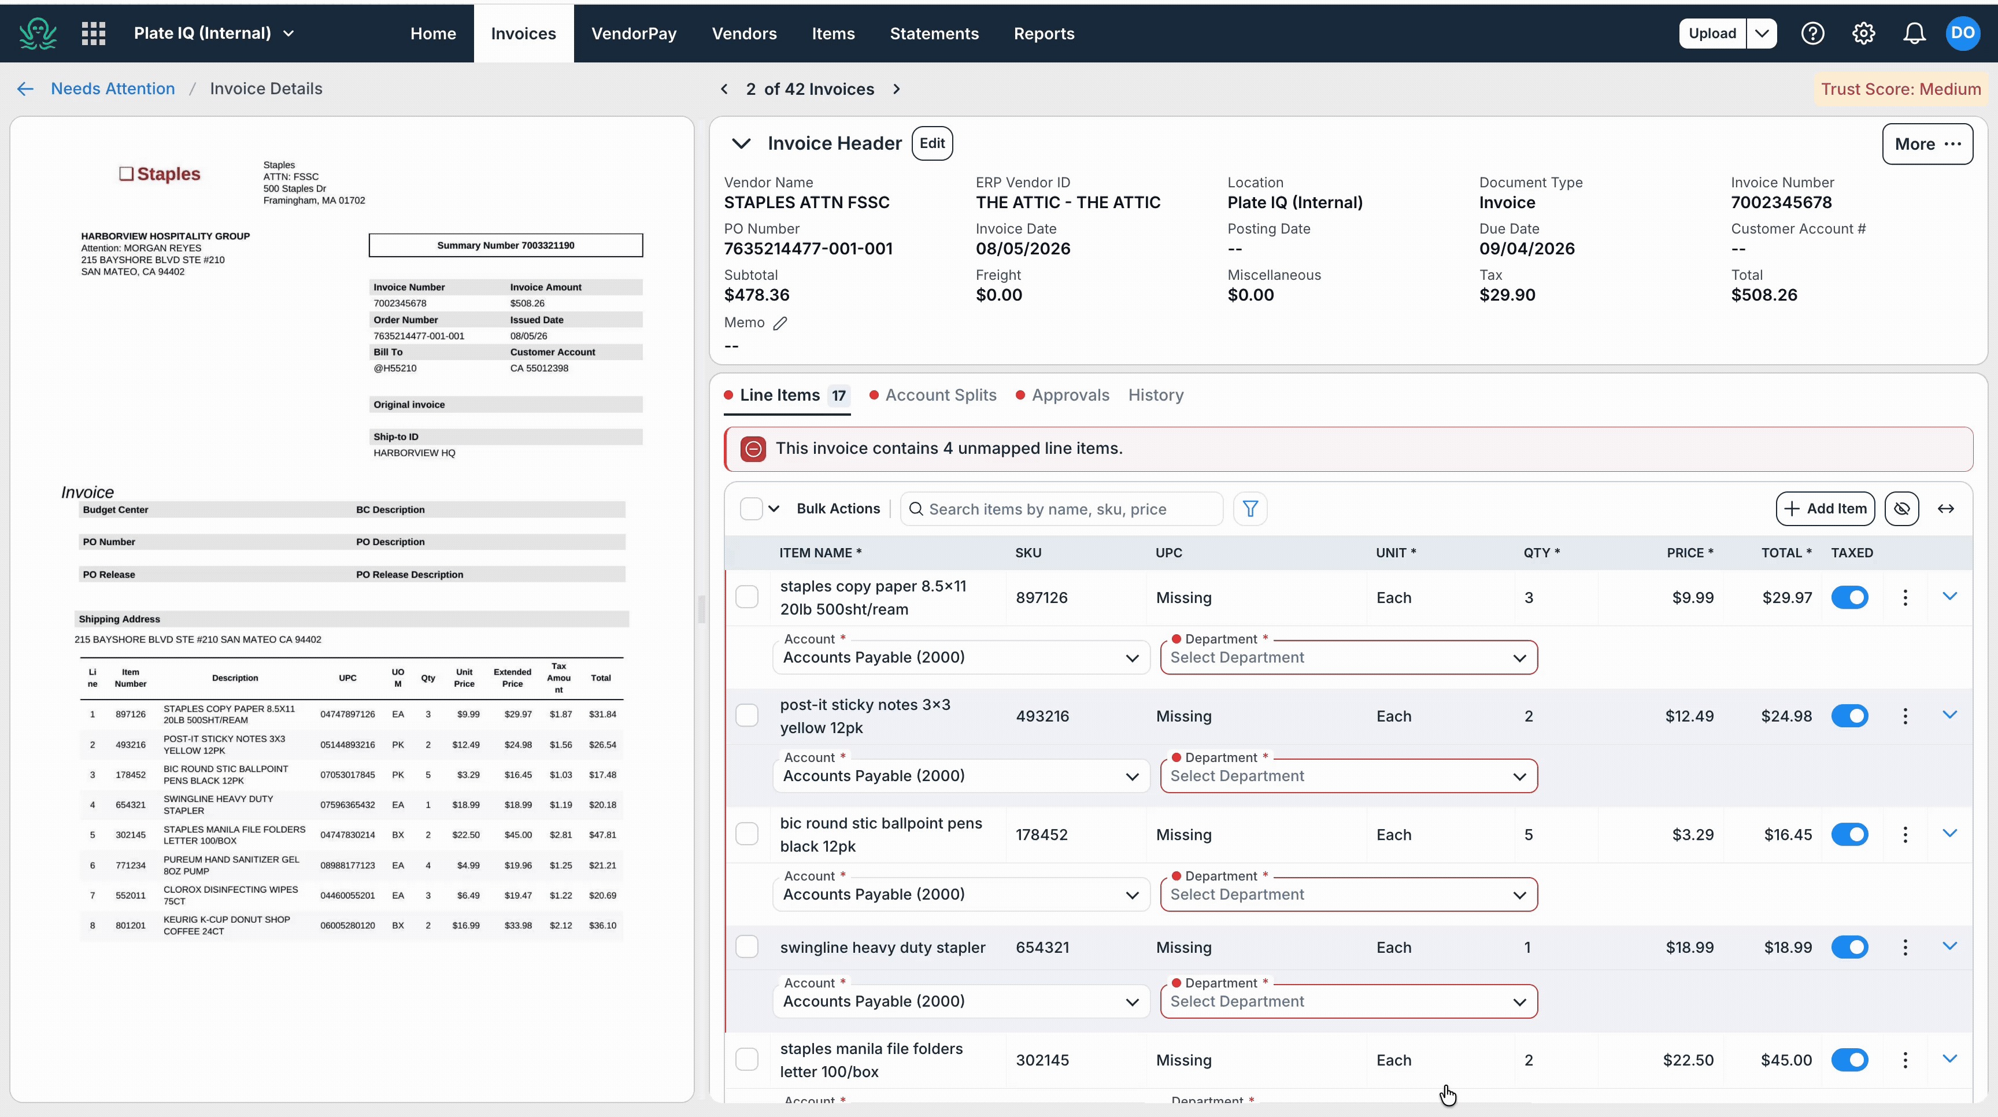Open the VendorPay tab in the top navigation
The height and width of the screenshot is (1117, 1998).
pyautogui.click(x=634, y=34)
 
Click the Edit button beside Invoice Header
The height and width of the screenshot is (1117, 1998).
pyautogui.click(x=931, y=143)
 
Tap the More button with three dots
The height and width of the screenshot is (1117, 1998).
pyautogui.click(x=1927, y=145)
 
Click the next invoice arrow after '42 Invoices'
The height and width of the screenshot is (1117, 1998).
pyautogui.click(x=897, y=89)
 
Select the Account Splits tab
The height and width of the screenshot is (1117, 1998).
pyautogui.click(x=940, y=395)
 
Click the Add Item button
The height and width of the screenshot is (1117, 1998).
pyautogui.click(x=1825, y=509)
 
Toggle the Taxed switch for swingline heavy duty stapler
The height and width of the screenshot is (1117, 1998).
pyautogui.click(x=1850, y=947)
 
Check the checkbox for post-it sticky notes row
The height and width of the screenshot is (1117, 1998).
pyautogui.click(x=747, y=715)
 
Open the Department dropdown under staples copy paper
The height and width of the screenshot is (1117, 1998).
pyautogui.click(x=1349, y=658)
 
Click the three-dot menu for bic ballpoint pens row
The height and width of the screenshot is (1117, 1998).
pyautogui.click(x=1905, y=835)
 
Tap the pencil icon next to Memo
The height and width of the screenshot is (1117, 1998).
pyautogui.click(x=780, y=323)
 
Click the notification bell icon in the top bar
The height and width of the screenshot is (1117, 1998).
pyautogui.click(x=1914, y=34)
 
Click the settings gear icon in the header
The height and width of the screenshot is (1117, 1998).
pyautogui.click(x=1863, y=34)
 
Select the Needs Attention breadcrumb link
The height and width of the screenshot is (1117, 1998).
pyautogui.click(x=113, y=88)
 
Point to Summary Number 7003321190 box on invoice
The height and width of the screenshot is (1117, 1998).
pyautogui.click(x=506, y=245)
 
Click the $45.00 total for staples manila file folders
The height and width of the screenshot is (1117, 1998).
pyautogui.click(x=1786, y=1060)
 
